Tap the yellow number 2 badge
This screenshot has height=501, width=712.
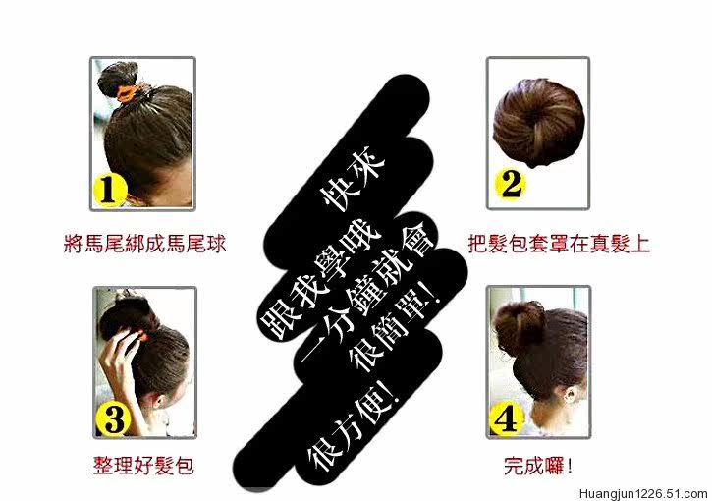(508, 184)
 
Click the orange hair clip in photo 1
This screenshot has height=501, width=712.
(127, 92)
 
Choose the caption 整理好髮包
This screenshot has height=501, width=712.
(141, 465)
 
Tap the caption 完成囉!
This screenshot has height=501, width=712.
(537, 465)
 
